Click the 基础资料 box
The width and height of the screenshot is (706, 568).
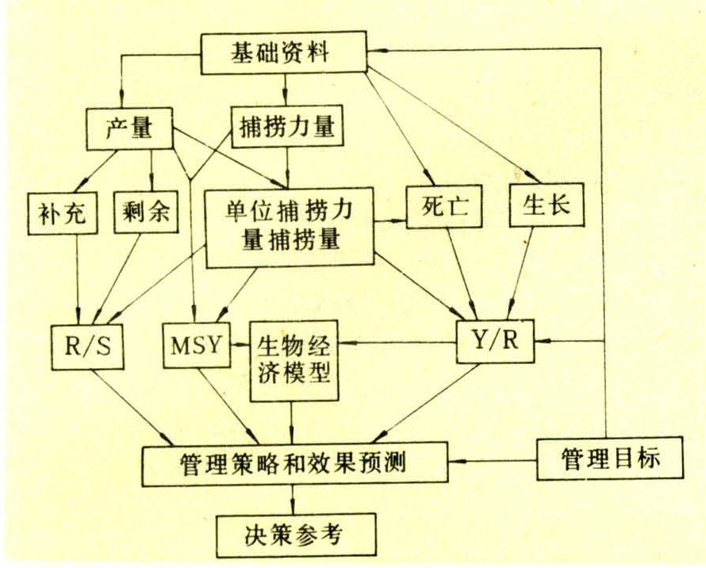click(284, 54)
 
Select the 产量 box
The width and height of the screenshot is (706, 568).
click(129, 128)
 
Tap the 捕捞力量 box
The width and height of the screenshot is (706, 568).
click(287, 127)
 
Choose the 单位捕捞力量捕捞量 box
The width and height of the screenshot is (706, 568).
click(289, 226)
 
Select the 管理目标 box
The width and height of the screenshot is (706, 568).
click(609, 458)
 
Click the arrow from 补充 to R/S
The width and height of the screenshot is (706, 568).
click(77, 278)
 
